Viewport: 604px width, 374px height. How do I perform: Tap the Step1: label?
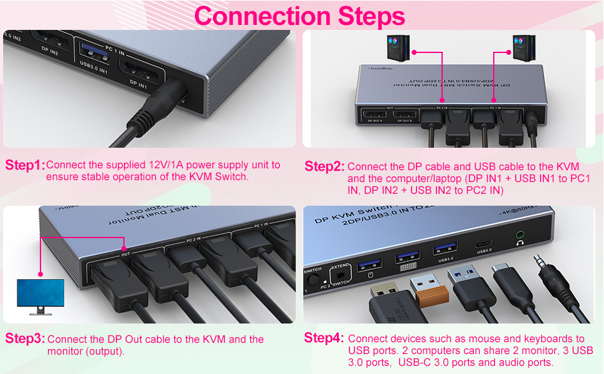pyautogui.click(x=24, y=165)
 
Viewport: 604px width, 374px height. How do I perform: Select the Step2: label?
pyautogui.click(x=324, y=166)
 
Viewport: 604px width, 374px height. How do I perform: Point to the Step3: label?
pyautogui.click(x=25, y=339)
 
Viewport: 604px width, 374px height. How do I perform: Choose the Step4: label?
pyautogui.click(x=324, y=338)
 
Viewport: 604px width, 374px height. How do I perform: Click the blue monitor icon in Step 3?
pyautogui.click(x=40, y=295)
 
